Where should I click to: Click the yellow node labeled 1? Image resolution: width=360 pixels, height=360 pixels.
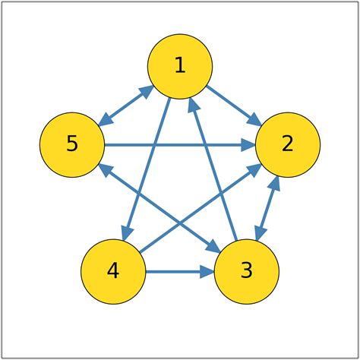180,66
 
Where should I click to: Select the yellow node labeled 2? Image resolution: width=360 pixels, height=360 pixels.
288,144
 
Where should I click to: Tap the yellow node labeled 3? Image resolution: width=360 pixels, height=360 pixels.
247,271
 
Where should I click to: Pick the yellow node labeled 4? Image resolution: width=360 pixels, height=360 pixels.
113,271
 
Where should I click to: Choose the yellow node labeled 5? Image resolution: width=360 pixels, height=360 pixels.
72,144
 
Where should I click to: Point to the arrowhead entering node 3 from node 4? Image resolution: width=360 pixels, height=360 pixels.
207,271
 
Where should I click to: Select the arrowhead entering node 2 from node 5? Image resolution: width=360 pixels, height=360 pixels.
248,144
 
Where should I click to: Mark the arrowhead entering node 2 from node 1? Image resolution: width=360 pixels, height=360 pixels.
256,120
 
